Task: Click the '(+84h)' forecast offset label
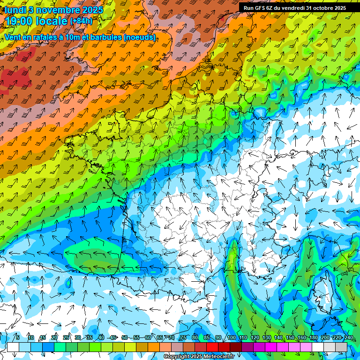click(81, 21)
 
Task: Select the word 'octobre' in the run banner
click(326, 7)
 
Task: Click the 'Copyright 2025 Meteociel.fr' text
click(199, 357)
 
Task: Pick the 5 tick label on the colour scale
click(17, 337)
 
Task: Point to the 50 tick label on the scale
click(124, 337)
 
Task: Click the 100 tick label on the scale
click(232, 337)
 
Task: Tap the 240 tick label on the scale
click(349, 337)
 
